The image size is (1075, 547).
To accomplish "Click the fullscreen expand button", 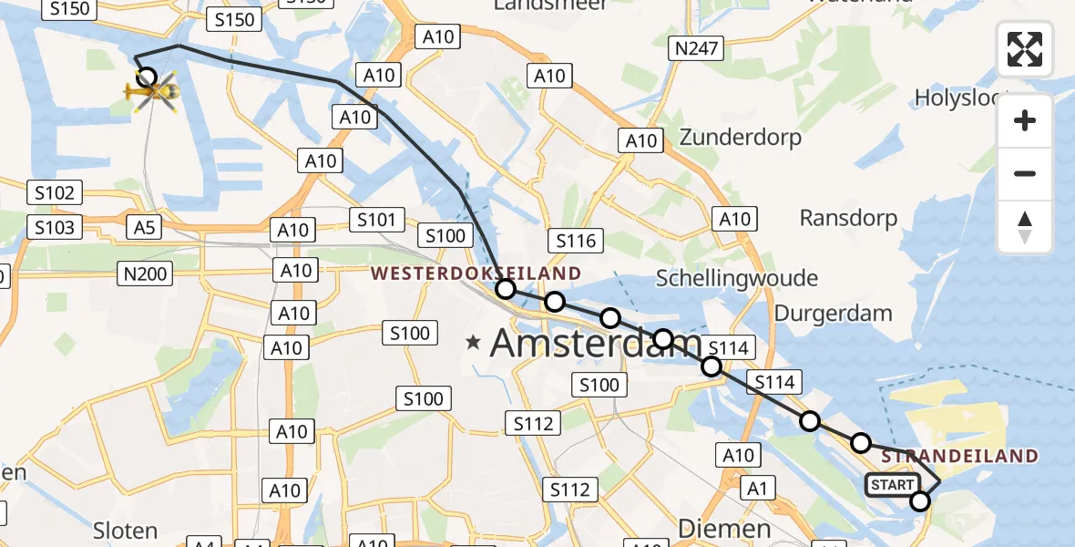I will [1025, 49].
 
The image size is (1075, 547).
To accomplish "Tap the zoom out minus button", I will [1025, 173].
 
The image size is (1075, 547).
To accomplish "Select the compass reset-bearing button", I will [1025, 227].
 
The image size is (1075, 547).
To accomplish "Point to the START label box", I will [892, 485].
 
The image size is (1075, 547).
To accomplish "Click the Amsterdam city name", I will [596, 344].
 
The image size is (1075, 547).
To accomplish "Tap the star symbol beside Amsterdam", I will [473, 343].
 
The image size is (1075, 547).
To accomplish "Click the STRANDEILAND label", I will [960, 456].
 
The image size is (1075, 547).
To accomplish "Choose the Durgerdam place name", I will [833, 314].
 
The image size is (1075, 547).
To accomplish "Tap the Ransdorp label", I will [848, 218].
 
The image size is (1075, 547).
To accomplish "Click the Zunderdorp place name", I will [741, 138].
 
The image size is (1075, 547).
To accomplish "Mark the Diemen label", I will [724, 529].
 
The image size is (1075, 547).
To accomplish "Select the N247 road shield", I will [695, 49].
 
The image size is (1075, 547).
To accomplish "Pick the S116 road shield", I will [576, 241].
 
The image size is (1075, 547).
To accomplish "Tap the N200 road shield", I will [146, 272].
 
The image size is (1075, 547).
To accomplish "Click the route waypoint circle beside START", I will [920, 501].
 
